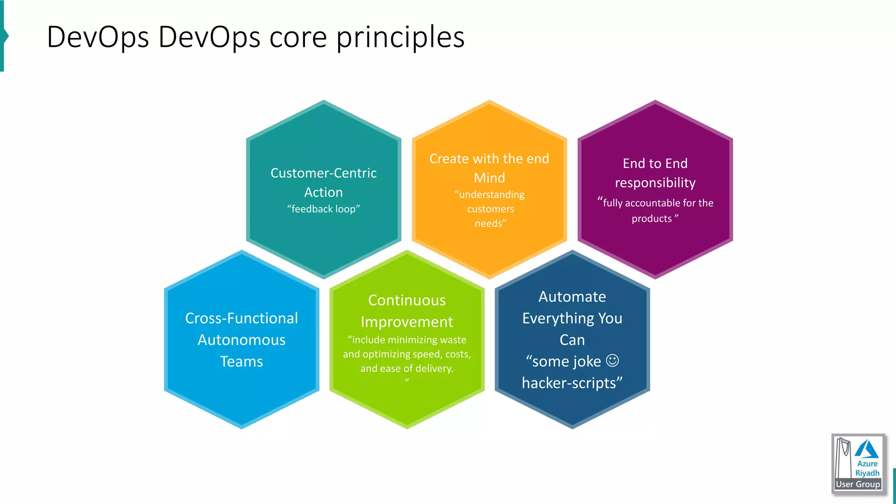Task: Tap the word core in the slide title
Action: click(298, 37)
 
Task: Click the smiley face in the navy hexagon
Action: click(612, 360)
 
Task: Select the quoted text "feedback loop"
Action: click(323, 209)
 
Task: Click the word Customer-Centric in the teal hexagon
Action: click(323, 173)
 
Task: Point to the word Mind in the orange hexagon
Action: click(489, 178)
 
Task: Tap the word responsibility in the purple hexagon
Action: click(655, 182)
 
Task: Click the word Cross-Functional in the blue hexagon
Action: click(241, 318)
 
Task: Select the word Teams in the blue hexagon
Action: click(241, 361)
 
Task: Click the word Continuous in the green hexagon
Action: click(407, 300)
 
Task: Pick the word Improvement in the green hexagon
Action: click(407, 322)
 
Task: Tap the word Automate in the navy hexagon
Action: click(572, 297)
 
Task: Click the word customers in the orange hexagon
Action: click(490, 209)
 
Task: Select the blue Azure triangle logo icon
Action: click(866, 449)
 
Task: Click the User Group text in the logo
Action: click(857, 484)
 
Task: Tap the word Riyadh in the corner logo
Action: click(867, 473)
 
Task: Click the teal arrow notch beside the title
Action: click(5, 36)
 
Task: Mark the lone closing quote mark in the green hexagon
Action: click(407, 381)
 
